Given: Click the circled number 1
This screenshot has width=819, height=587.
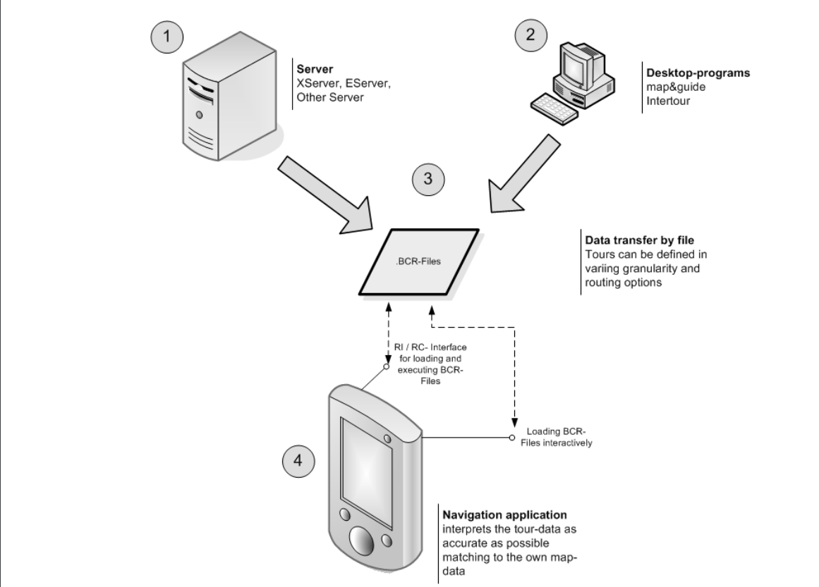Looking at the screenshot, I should [166, 36].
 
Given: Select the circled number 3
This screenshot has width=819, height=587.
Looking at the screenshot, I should [427, 179].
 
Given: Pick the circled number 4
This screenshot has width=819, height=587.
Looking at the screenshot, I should [298, 462].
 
